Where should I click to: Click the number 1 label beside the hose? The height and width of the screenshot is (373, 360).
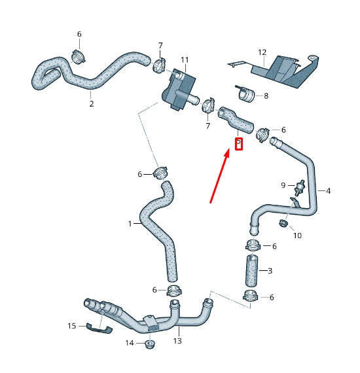(131, 224)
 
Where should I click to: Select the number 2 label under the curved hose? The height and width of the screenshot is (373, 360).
(91, 103)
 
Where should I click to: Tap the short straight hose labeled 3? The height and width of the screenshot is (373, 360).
(253, 269)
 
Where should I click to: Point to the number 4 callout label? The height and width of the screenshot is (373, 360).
(328, 191)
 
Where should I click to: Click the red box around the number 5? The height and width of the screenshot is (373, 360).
(238, 143)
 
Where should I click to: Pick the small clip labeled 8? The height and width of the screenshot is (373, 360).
(247, 95)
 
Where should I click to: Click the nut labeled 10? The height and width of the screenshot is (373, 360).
(283, 225)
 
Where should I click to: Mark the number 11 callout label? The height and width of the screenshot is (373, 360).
(185, 60)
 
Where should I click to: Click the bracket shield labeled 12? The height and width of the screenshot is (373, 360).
(288, 71)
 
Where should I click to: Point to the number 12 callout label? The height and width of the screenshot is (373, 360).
(262, 52)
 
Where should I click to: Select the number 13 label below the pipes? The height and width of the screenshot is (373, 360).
(177, 341)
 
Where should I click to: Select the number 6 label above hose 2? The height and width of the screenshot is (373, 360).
(79, 34)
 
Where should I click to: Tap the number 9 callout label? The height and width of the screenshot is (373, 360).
(283, 185)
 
